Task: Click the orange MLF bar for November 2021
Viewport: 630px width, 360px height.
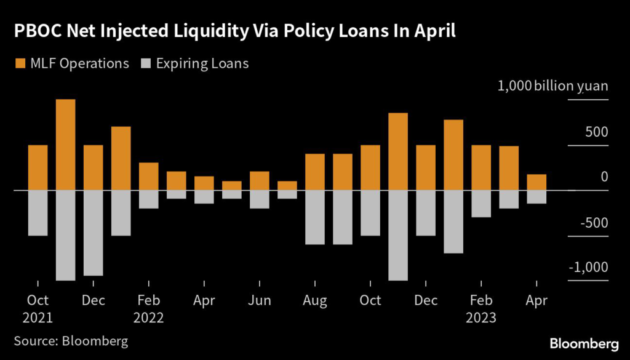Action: [66, 145]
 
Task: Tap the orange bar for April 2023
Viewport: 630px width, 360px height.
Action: [537, 182]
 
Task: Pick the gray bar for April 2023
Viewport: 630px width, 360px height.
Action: [537, 197]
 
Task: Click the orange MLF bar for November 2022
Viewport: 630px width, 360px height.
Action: [398, 151]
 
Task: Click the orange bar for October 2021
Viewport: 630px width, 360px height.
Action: [38, 167]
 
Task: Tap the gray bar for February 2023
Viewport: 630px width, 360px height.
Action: [481, 204]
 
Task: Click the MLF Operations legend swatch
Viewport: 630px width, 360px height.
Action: [20, 63]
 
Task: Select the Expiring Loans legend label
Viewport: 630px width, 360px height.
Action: [202, 63]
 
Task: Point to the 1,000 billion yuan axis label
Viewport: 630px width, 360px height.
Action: [552, 86]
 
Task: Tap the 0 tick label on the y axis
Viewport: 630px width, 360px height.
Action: [604, 177]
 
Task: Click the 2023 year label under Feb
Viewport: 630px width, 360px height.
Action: [481, 318]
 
